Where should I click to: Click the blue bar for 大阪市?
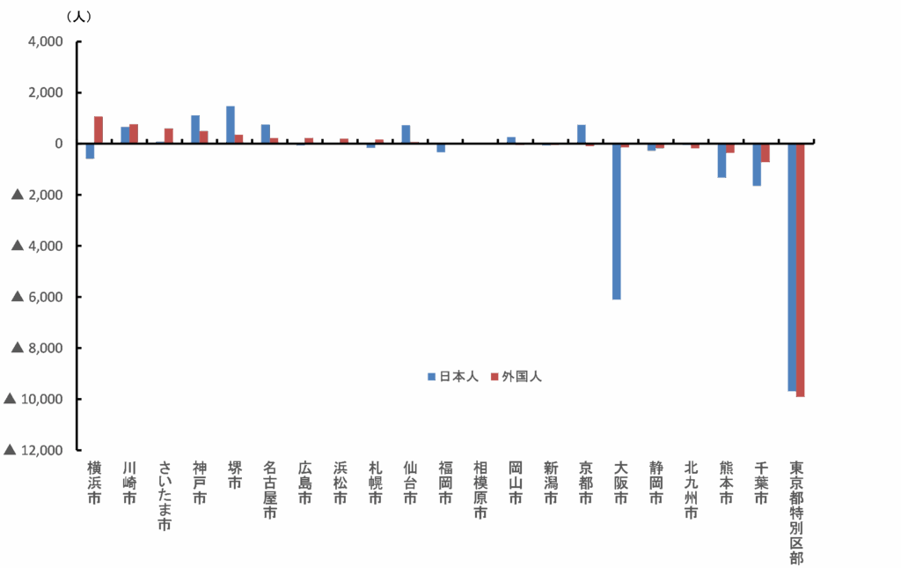616,221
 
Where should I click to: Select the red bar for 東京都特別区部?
801,269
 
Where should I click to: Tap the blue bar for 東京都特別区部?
792,267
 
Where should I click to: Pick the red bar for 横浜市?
98,129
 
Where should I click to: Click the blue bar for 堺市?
231,124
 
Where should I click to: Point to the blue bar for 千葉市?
757,165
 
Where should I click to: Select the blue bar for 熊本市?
722,160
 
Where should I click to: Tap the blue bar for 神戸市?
195,129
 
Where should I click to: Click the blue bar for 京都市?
582,134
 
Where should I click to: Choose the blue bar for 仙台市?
406,134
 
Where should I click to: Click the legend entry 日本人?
452,377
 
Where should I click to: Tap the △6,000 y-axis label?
35,297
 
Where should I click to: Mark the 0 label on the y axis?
59,144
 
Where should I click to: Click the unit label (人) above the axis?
78,16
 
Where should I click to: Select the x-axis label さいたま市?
164,495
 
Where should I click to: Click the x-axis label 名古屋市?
270,489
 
